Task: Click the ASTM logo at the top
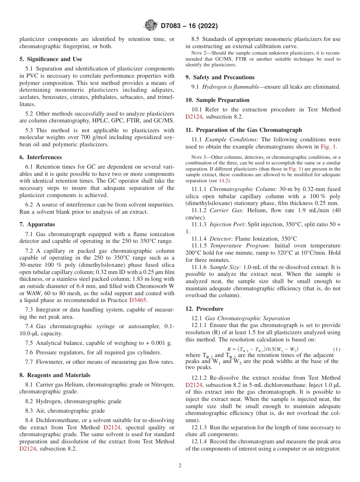coord(151,26)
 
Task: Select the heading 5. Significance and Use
coord(50,59)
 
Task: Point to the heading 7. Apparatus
coord(37,225)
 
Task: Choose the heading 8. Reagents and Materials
coord(55,375)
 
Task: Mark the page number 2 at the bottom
coord(180,466)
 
